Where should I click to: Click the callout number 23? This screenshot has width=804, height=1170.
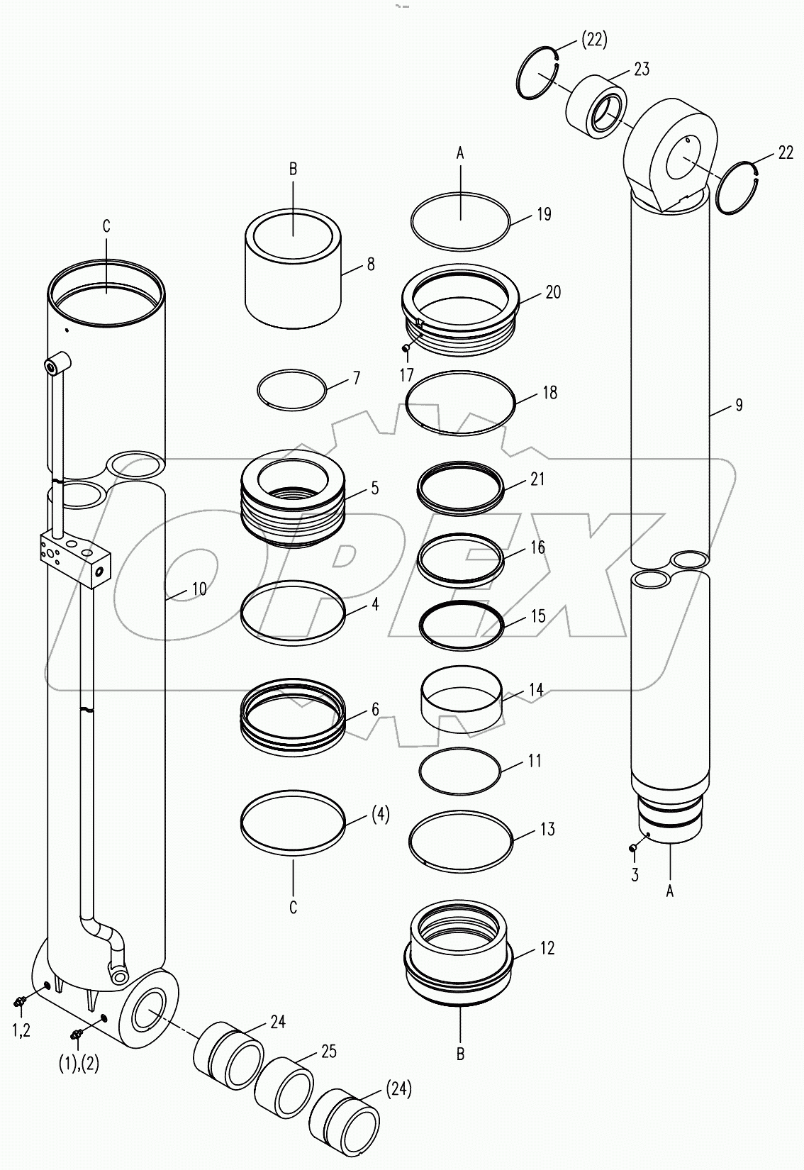[x=642, y=69]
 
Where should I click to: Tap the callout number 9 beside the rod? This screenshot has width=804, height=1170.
[x=739, y=405]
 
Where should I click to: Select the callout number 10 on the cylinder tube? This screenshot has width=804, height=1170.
[x=199, y=589]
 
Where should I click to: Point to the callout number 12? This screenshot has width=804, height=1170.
[x=547, y=947]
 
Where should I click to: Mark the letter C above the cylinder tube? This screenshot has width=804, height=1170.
[x=106, y=226]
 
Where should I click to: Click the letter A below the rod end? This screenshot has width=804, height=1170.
[x=669, y=892]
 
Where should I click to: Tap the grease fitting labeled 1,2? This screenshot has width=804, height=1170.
[x=20, y=1002]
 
